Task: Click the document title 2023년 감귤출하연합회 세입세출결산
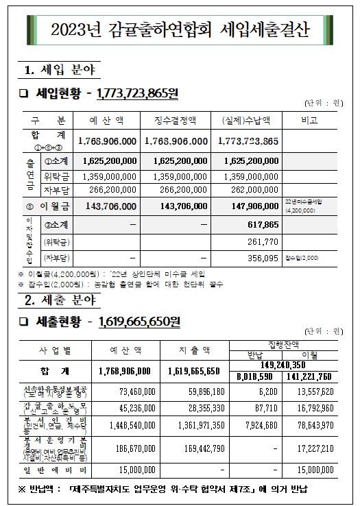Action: point(180,30)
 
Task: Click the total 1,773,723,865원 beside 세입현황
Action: point(137,93)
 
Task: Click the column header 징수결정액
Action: point(177,120)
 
